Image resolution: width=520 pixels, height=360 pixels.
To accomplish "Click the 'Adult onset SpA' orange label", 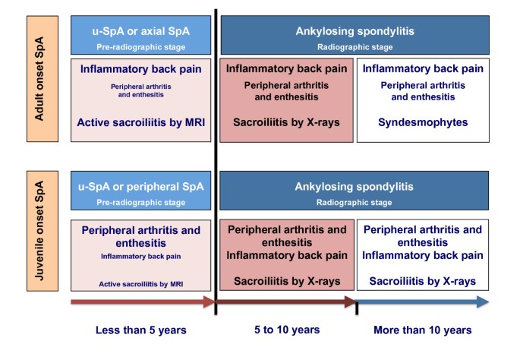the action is [43, 79].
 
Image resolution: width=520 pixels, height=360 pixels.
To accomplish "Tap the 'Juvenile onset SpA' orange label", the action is [43, 231].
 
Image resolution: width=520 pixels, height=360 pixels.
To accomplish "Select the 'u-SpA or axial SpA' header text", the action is [141, 31].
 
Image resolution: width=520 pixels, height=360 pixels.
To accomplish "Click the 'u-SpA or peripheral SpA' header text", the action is [141, 187].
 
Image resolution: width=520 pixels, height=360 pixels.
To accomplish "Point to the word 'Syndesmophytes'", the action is [423, 122].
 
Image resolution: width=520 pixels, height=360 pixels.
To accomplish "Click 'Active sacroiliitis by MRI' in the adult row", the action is [141, 122].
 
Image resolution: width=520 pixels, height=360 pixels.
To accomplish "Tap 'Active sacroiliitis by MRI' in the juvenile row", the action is [141, 284].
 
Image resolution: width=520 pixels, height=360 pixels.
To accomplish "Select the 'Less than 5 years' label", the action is [141, 330].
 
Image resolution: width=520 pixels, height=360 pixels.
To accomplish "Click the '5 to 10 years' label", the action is [287, 330].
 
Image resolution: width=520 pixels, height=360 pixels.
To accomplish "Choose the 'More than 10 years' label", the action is [423, 330].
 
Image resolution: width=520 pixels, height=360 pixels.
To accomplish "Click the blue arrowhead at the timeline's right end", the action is [484, 302].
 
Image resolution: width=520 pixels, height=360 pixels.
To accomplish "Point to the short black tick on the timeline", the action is [357, 308].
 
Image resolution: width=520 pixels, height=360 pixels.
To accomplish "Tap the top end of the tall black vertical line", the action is [216, 10].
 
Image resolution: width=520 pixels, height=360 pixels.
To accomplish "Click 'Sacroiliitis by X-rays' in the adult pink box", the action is [286, 122].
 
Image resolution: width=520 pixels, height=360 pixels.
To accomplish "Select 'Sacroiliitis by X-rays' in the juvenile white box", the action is [423, 281].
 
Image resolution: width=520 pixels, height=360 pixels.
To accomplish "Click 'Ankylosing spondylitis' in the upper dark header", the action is [355, 31].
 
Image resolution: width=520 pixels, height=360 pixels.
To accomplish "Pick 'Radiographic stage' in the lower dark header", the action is [355, 202].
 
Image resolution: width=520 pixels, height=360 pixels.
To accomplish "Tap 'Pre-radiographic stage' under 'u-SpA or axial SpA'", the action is [141, 47].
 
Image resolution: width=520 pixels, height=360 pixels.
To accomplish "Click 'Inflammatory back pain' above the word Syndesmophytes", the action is [423, 68].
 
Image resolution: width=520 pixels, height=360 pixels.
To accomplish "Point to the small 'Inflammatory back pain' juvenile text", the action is [141, 257].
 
